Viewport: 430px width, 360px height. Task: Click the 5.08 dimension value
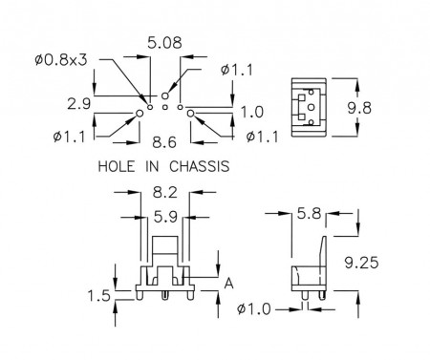164,43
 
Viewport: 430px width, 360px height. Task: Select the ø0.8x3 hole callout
61,60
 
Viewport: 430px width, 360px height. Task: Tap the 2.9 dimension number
79,104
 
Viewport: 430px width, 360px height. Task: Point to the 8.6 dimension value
164,142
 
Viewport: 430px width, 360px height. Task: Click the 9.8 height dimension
359,108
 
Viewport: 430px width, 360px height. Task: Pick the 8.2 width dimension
164,192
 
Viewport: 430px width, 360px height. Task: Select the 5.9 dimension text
165,217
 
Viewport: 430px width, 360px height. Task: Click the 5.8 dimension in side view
309,213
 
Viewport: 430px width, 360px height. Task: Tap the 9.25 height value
361,263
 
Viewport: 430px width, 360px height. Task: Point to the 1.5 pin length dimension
98,296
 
